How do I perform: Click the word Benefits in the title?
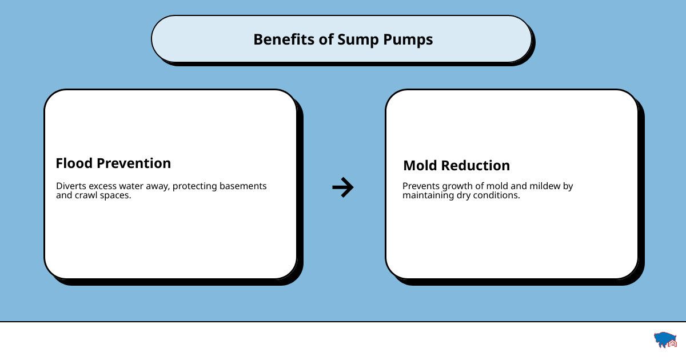tap(284, 39)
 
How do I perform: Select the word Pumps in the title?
tap(408, 40)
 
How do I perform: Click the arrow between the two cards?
tap(343, 187)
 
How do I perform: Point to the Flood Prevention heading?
tap(113, 163)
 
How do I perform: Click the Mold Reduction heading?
tap(457, 165)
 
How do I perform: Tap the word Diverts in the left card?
tap(71, 186)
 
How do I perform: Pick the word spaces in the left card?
tap(115, 196)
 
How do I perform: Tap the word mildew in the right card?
tap(545, 186)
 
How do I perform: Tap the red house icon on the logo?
tap(672, 343)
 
